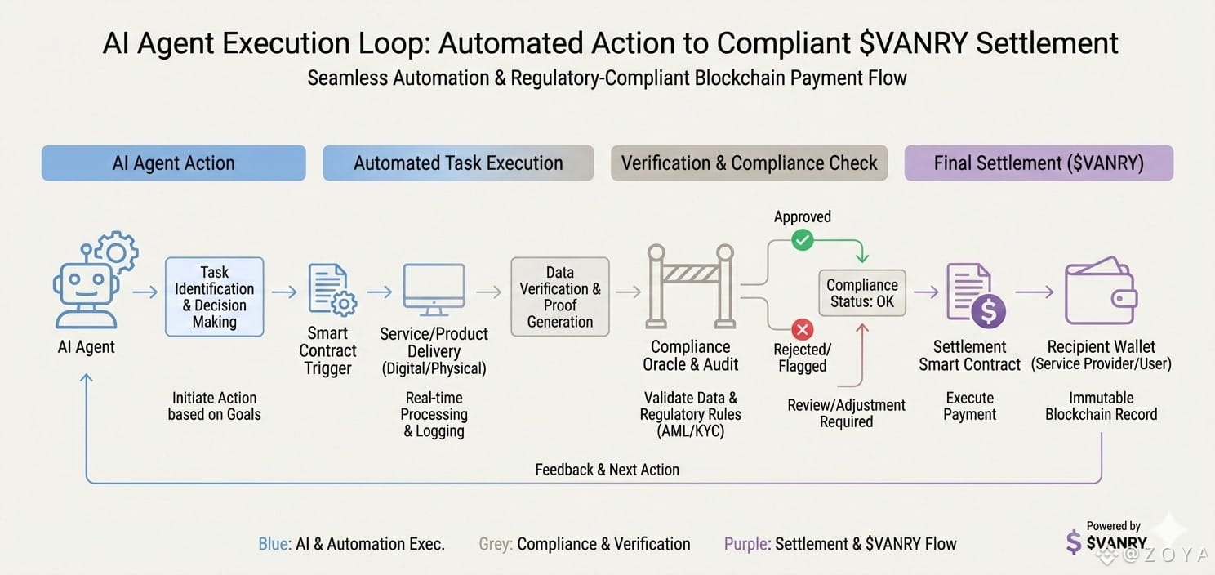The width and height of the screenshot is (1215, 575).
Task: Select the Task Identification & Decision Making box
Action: coord(215,296)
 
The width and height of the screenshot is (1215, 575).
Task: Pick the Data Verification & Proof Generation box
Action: coord(559,296)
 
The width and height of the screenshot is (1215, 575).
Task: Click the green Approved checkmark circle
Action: coord(803,240)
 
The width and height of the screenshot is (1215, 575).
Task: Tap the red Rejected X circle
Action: coord(803,330)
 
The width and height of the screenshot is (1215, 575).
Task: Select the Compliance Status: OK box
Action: coord(861,293)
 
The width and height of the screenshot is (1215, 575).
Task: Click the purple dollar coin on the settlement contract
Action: coord(987,312)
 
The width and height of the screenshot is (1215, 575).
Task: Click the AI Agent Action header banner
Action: coord(173,163)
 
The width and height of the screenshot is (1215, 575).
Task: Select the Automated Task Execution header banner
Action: coord(458,163)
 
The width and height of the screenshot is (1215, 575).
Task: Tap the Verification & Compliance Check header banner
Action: coord(749,163)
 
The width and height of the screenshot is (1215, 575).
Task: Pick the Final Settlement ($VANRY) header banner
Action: coord(1039,163)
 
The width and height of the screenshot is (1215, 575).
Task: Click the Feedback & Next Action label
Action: coord(607,470)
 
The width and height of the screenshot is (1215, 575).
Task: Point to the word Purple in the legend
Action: coord(746,544)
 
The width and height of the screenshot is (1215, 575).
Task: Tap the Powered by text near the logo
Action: coord(1113,526)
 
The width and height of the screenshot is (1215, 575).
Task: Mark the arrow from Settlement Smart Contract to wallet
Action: coord(1034,292)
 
